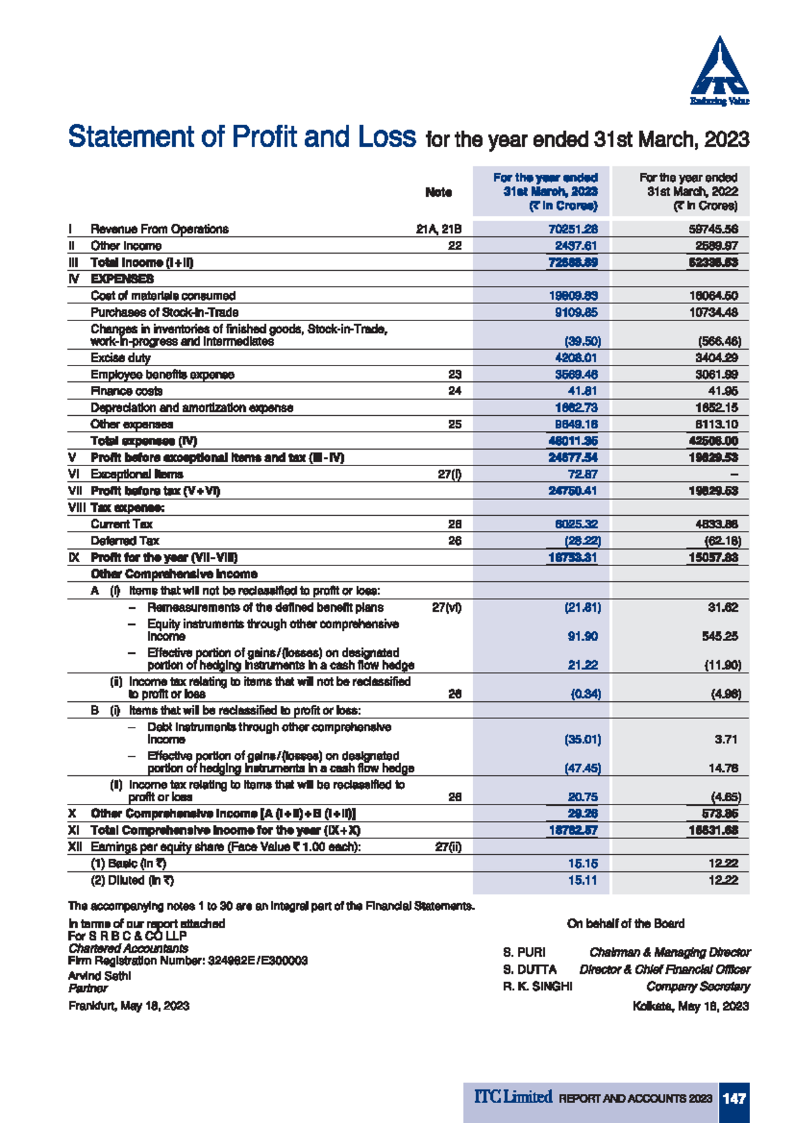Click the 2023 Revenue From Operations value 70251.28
573,229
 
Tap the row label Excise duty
121,358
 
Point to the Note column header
438,192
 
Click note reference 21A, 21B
439,229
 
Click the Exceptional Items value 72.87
582,474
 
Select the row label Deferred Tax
125,541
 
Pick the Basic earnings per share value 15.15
582,863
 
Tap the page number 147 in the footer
734,1099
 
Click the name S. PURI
524,952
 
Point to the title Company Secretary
698,987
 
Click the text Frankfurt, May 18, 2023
129,1006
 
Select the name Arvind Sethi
99,976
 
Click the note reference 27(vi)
447,607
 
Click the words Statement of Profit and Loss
242,137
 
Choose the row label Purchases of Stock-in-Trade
164,313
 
